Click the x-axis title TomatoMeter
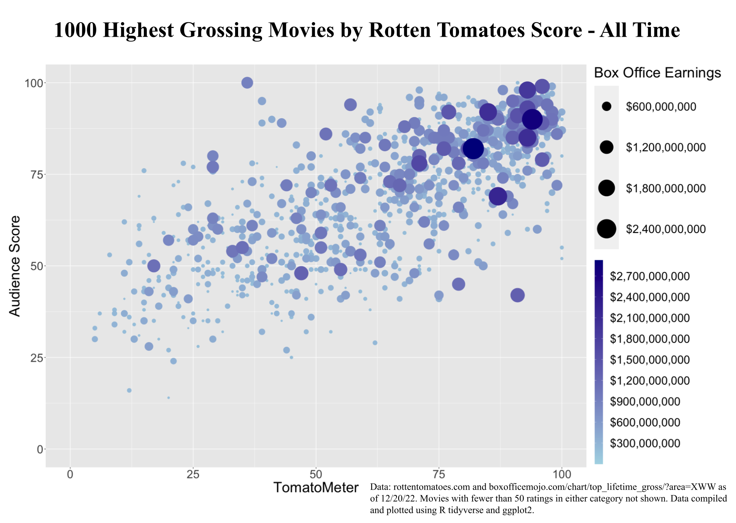coord(315,487)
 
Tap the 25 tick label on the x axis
coord(193,475)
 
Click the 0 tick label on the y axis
coord(40,449)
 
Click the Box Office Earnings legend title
coord(657,73)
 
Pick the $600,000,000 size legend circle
coord(606,106)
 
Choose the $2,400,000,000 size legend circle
coord(606,229)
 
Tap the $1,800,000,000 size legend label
coord(665,188)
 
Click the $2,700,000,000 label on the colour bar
coord(649,276)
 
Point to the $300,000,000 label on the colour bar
coord(645,443)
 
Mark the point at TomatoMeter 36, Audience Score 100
coord(247,83)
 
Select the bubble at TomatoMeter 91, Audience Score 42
coord(518,295)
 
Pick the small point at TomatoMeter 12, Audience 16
coord(129,390)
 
